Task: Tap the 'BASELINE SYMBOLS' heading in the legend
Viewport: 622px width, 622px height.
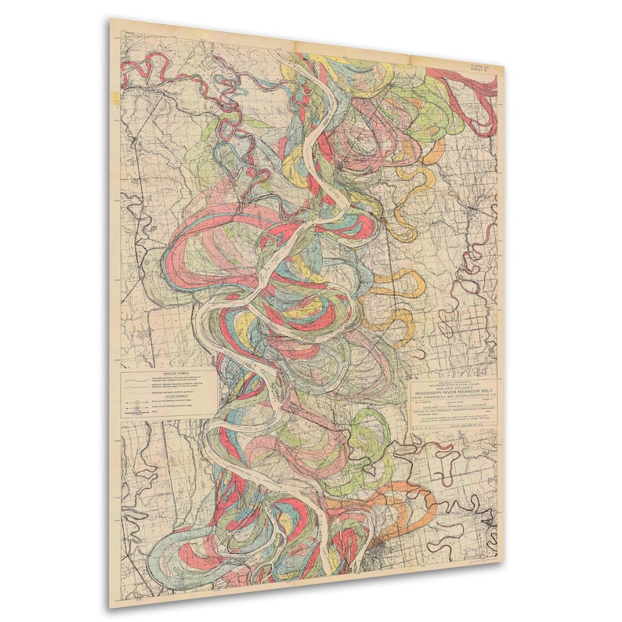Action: pyautogui.click(x=164, y=373)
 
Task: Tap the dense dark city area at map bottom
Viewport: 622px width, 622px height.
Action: pyautogui.click(x=384, y=548)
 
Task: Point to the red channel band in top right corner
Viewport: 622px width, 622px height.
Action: pyautogui.click(x=470, y=86)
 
